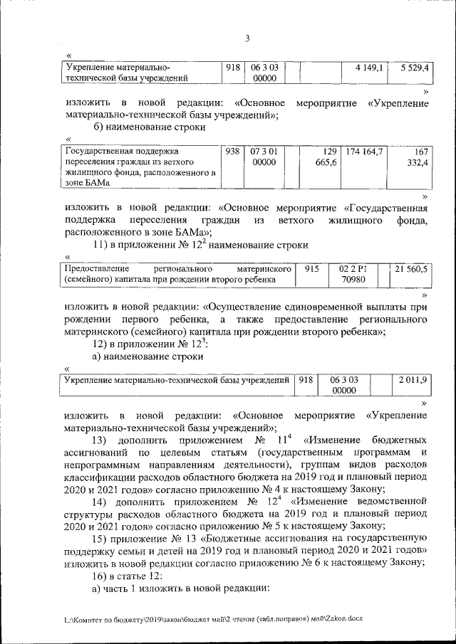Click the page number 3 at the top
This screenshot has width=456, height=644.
tap(247, 38)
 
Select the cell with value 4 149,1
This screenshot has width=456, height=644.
tap(369, 68)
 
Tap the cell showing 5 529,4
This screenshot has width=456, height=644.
tap(413, 68)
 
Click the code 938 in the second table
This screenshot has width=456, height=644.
tap(232, 151)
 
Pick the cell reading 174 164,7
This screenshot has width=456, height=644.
tap(365, 151)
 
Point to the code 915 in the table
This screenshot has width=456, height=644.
tap(313, 269)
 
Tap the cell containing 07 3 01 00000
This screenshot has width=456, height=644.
tap(264, 157)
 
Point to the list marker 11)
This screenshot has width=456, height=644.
tap(102, 245)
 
